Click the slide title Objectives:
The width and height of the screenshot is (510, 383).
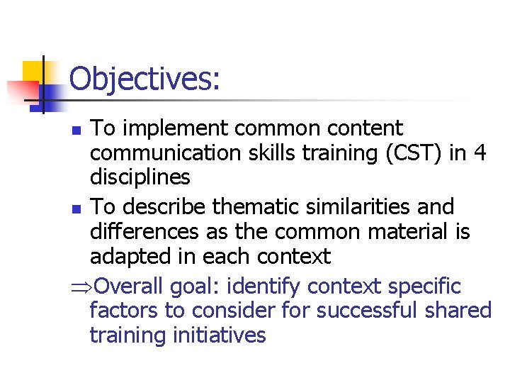pos(144,79)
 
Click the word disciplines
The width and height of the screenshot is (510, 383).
pos(140,177)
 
